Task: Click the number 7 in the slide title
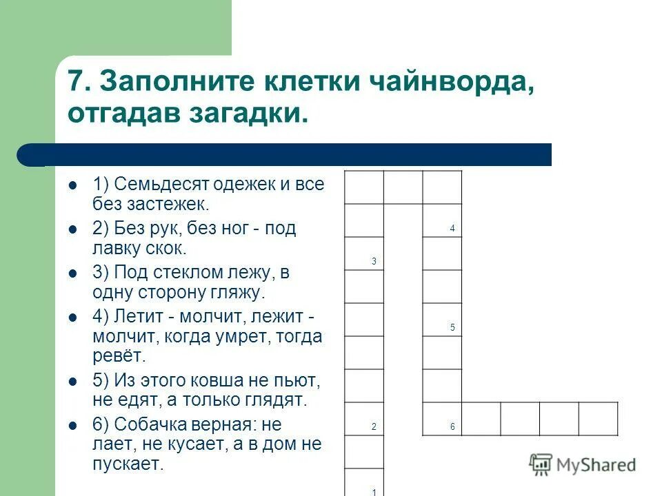coord(77,82)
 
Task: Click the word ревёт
coord(119,356)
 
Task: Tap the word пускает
coord(128,464)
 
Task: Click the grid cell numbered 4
coord(442,220)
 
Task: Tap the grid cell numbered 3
coord(363,254)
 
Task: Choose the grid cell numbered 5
coord(442,320)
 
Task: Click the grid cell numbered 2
coord(363,419)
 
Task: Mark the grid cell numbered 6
coord(442,419)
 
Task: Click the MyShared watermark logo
coord(583,464)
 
